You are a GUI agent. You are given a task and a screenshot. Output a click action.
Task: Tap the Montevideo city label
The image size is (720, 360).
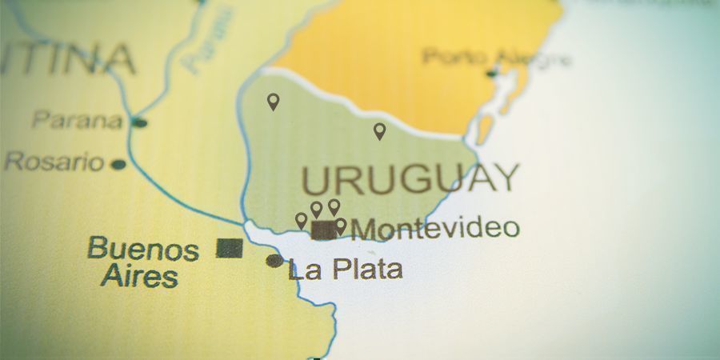pyautogui.click(x=435, y=228)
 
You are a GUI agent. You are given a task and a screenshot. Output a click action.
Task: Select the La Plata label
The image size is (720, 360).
pyautogui.click(x=345, y=269)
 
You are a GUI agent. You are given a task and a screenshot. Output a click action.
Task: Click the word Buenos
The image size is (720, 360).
pyautogui.click(x=143, y=248)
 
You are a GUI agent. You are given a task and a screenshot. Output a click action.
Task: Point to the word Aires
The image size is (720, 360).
pyautogui.click(x=139, y=277)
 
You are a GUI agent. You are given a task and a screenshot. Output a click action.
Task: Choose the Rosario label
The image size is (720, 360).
pyautogui.click(x=54, y=162)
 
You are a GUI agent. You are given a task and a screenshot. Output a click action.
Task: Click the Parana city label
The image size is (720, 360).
pyautogui.click(x=78, y=121)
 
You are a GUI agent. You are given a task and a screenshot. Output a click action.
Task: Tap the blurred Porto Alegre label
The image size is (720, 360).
pyautogui.click(x=497, y=57)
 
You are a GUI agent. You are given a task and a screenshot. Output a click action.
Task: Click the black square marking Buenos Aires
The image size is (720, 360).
pyautogui.click(x=230, y=248)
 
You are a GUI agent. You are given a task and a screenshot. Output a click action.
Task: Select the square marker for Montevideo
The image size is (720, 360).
pyautogui.click(x=323, y=230)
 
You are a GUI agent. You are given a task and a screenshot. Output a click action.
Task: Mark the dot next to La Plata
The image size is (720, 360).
pyautogui.click(x=274, y=261)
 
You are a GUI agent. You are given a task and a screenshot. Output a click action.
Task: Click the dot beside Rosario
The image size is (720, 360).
pyautogui.click(x=118, y=165)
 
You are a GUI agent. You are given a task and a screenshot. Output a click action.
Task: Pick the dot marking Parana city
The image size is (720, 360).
pyautogui.click(x=140, y=122)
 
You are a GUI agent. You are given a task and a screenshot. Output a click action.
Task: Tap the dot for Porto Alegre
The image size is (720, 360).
pyautogui.click(x=492, y=74)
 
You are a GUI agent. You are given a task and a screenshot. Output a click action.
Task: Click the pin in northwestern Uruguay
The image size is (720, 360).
pyautogui.click(x=273, y=102)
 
